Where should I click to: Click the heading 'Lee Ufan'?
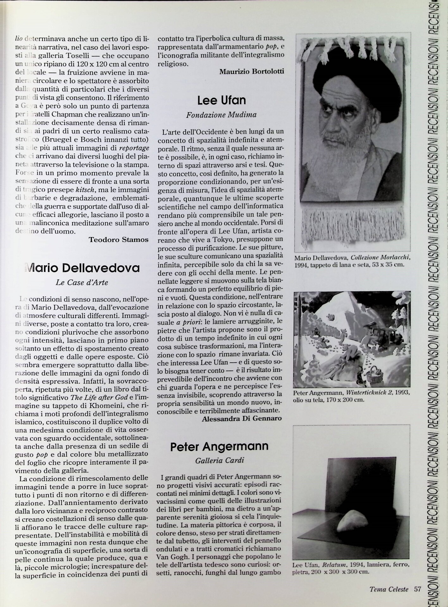click(x=221, y=101)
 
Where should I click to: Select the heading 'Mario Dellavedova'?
click(x=82, y=268)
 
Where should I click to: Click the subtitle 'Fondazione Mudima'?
click(x=221, y=115)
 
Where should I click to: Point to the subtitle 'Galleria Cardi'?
click(x=220, y=460)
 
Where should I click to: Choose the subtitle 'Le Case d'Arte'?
click(x=82, y=282)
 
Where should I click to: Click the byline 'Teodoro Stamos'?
click(x=118, y=240)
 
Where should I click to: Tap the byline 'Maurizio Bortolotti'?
click(x=252, y=71)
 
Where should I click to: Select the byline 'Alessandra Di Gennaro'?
click(x=242, y=419)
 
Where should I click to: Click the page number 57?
click(x=418, y=589)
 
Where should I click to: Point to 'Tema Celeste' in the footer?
click(x=389, y=589)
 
